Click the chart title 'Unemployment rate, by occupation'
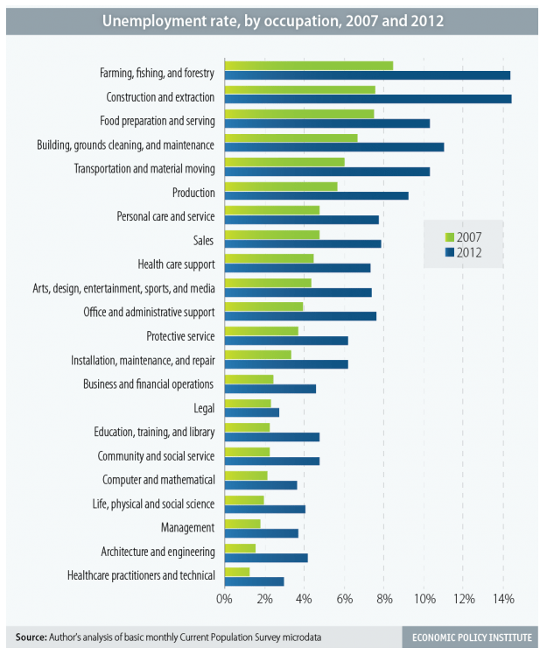(x=272, y=20)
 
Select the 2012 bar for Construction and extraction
(x=368, y=99)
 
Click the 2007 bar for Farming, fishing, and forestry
(x=309, y=65)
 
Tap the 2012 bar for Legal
(x=252, y=412)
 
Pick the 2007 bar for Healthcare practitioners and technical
(x=237, y=571)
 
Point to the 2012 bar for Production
(x=317, y=195)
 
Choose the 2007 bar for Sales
(x=272, y=235)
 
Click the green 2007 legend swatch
(x=450, y=237)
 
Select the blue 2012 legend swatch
(x=450, y=253)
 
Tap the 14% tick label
(x=502, y=600)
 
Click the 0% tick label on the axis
(x=225, y=600)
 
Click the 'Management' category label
(x=187, y=528)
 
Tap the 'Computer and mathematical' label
(x=158, y=480)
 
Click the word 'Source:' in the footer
(x=29, y=637)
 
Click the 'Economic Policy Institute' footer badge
(x=469, y=637)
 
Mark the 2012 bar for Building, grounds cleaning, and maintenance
(x=334, y=147)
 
